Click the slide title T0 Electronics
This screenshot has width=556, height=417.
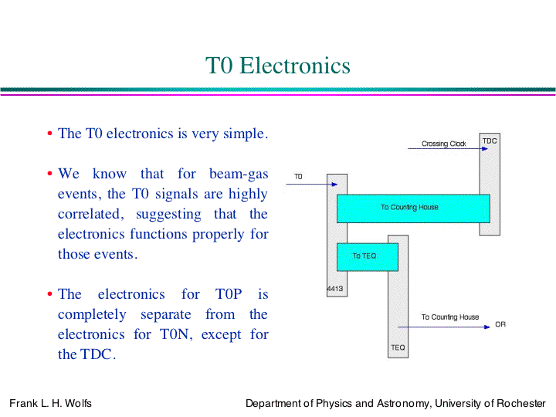(278, 66)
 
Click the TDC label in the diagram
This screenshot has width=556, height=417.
(490, 141)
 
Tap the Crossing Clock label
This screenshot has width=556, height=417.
(443, 144)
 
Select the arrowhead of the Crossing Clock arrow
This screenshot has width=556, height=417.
(485, 148)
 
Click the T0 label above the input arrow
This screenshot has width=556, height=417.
(298, 176)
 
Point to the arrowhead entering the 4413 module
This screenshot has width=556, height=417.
(334, 185)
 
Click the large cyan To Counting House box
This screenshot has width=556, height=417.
(413, 208)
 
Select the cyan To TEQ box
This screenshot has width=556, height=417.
(368, 257)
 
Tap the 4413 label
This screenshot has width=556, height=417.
(334, 289)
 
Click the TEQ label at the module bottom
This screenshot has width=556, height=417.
(398, 347)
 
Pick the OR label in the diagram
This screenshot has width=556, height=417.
(500, 324)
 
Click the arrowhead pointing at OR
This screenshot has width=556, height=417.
(486, 327)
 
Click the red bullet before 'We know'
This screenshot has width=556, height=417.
(49, 174)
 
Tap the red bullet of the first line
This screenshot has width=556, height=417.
(49, 134)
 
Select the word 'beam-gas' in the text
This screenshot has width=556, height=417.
(239, 175)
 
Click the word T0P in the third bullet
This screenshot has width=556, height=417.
(229, 294)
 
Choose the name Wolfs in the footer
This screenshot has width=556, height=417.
(78, 403)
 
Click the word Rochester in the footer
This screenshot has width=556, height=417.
(521, 403)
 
